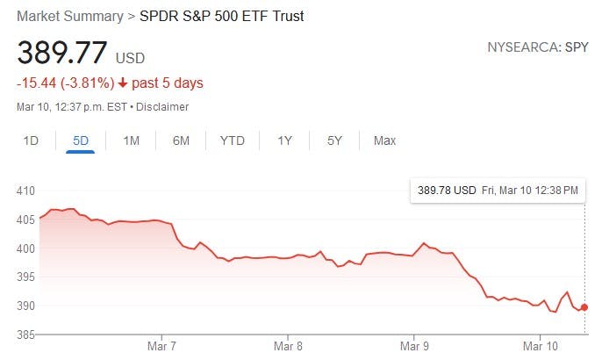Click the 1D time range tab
click(x=31, y=140)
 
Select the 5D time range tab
click(x=80, y=140)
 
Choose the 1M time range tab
click(x=131, y=140)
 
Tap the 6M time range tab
click(x=181, y=140)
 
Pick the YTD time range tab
click(x=233, y=140)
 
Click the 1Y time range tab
click(x=284, y=140)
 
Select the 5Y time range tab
click(x=334, y=140)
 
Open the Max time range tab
click(x=384, y=140)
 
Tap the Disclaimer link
click(x=161, y=107)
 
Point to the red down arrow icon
click(x=123, y=83)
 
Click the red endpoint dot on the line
click(x=584, y=307)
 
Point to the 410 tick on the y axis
click(x=26, y=191)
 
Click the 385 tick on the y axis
click(x=26, y=335)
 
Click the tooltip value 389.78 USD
click(x=447, y=190)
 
